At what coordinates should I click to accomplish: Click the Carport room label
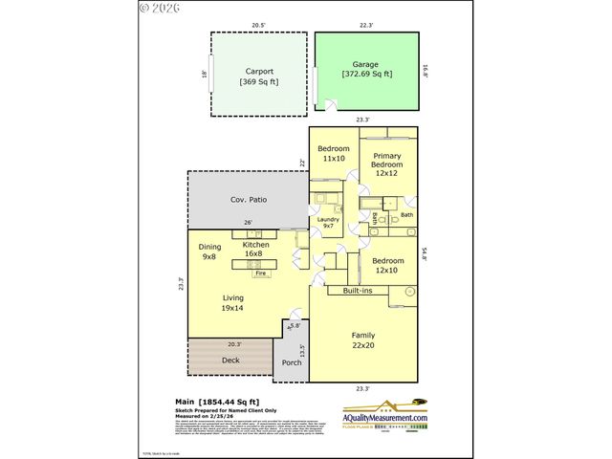259,76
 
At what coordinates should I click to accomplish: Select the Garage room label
367,69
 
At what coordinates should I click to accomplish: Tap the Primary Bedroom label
387,164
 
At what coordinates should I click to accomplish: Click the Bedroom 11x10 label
334,153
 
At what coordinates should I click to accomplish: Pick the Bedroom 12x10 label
387,265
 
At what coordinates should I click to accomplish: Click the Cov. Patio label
249,200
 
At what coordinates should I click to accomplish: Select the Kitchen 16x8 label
255,250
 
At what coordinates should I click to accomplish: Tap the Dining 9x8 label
209,251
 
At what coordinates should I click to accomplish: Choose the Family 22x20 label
363,339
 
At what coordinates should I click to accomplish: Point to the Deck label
230,361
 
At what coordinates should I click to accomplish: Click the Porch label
292,362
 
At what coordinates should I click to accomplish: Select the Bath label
406,215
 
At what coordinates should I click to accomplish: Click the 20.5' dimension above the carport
258,25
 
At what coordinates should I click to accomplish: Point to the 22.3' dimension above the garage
367,25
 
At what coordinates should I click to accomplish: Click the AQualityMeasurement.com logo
384,414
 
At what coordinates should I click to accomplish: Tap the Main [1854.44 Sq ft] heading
217,402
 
